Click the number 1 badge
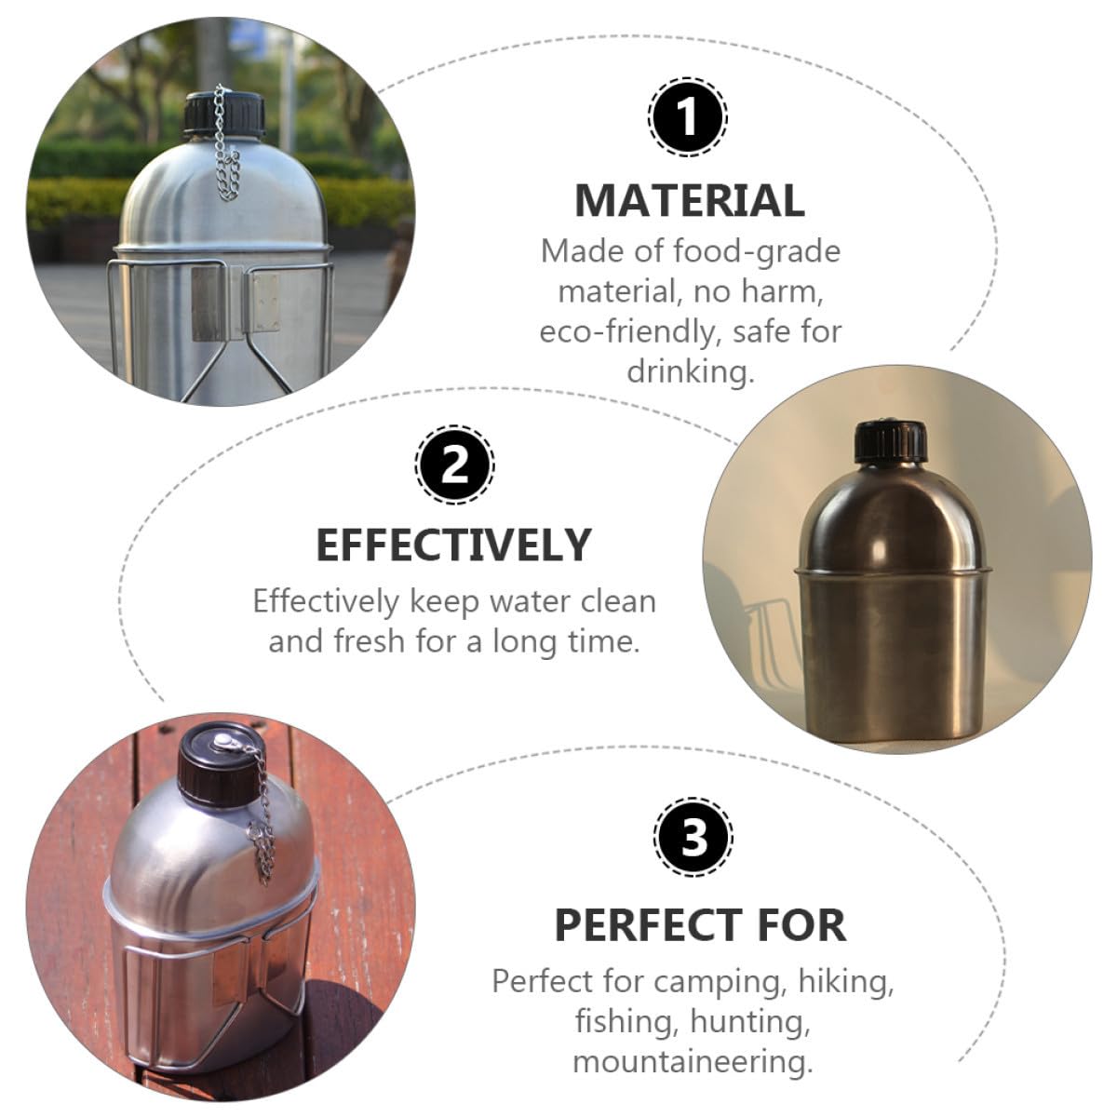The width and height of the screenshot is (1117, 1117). pyautogui.click(x=688, y=116)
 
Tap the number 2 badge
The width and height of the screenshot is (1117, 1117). pyautogui.click(x=454, y=465)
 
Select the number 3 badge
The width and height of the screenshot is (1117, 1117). pyautogui.click(x=693, y=838)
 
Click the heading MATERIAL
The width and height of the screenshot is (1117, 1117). pyautogui.click(x=690, y=200)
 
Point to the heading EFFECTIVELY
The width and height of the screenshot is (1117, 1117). pyautogui.click(x=454, y=545)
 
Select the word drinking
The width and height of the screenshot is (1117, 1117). pyautogui.click(x=691, y=372)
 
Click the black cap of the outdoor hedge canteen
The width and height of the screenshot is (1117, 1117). pyautogui.click(x=224, y=113)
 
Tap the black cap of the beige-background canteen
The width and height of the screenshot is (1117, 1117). pyautogui.click(x=891, y=443)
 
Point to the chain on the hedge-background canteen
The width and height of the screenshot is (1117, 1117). pyautogui.click(x=225, y=145)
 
